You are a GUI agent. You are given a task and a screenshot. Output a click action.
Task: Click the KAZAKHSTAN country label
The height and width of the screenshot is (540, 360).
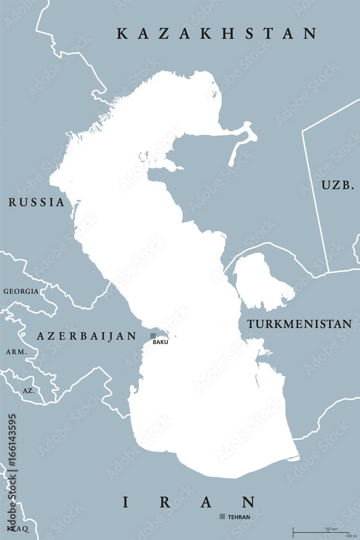(216, 34)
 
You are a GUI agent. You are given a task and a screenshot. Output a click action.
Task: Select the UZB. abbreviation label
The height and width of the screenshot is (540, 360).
(338, 185)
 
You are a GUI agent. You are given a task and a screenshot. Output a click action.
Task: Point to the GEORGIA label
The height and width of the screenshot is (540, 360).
(21, 291)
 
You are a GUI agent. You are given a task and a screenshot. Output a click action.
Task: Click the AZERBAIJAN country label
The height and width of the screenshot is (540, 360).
(87, 336)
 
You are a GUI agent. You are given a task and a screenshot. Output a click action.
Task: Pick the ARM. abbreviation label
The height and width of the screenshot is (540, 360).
(16, 352)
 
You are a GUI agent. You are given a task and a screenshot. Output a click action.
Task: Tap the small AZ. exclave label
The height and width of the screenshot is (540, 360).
(28, 389)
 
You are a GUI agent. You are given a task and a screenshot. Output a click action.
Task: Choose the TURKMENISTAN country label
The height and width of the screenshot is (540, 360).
(300, 324)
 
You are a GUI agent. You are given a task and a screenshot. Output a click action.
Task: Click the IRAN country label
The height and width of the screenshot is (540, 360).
(188, 502)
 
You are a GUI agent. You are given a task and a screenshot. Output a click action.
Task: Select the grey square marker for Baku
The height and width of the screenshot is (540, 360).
(153, 336)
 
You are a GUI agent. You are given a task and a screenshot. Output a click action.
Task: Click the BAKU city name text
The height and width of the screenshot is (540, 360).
(160, 342)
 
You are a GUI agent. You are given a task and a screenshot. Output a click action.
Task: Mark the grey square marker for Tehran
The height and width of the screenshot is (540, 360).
(222, 517)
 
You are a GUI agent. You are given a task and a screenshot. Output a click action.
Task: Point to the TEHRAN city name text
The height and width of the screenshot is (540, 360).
(239, 517)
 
